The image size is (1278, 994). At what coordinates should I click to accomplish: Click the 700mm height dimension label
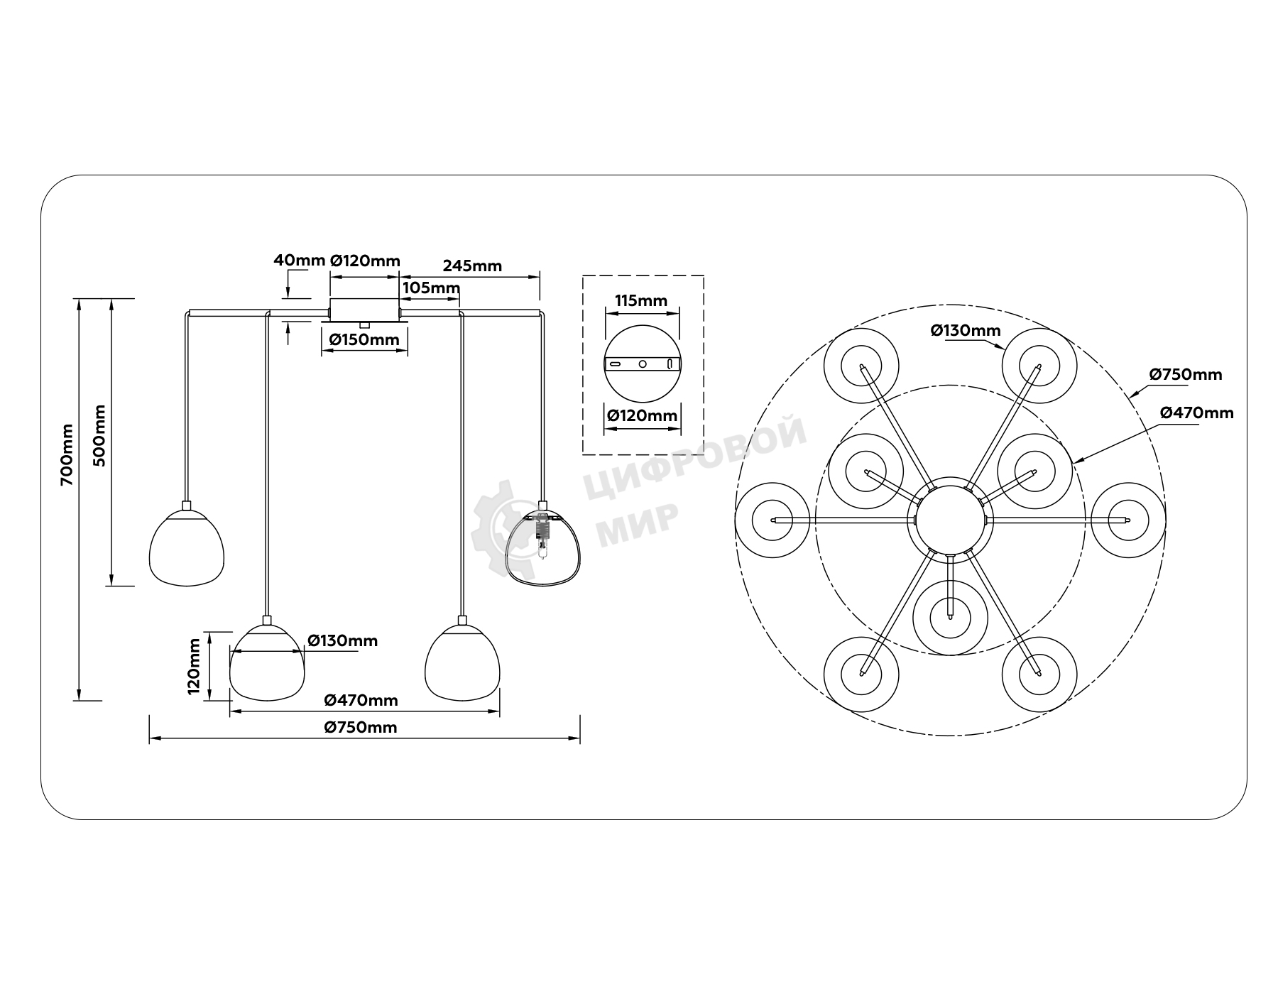[67, 454]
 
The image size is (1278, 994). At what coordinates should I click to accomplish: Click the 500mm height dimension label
[99, 435]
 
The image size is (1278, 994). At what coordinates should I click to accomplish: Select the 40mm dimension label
[299, 260]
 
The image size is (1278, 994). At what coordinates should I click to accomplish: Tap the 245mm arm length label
[472, 266]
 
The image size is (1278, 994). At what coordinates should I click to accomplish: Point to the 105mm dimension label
[431, 288]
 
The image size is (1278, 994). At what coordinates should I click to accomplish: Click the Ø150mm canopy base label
[364, 339]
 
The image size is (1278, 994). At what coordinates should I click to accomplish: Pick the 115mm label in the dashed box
[641, 300]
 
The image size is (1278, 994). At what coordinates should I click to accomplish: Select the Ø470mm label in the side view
[361, 700]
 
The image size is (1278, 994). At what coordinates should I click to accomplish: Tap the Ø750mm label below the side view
[361, 727]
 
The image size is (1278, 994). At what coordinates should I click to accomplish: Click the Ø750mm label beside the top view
[1186, 374]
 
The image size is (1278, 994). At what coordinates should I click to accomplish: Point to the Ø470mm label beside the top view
[1197, 413]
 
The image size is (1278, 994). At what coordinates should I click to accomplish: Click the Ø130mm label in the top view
[966, 330]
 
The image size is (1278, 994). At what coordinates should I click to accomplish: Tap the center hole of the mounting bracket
[643, 364]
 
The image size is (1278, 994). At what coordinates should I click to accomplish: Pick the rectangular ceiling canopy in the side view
[364, 310]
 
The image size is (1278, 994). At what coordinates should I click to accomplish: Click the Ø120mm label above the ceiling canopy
[366, 261]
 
